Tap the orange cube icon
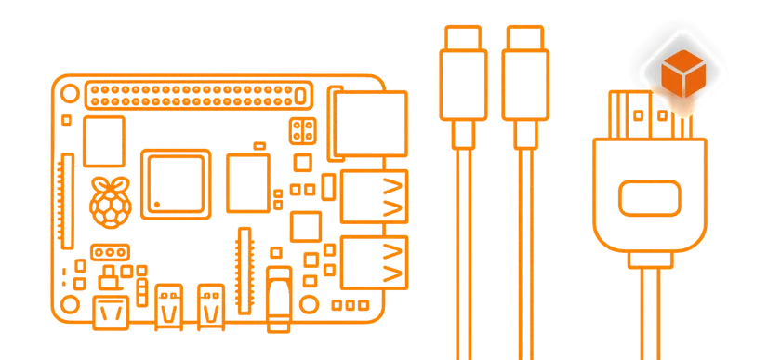click(x=686, y=74)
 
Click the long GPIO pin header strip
click(x=197, y=93)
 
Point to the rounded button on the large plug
click(x=651, y=199)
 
